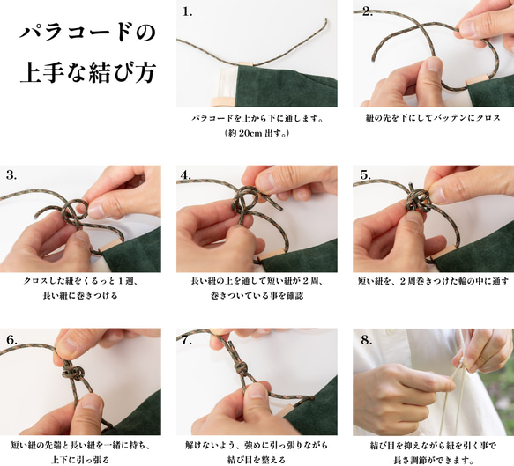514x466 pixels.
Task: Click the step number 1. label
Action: [x=187, y=12]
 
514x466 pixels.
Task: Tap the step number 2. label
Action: [x=368, y=12]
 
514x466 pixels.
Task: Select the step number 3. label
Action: [x=11, y=175]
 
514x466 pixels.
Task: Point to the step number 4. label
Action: [x=185, y=175]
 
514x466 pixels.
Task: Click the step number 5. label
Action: [x=366, y=175]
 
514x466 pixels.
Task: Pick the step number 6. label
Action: [x=11, y=340]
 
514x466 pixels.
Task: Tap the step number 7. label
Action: [x=187, y=340]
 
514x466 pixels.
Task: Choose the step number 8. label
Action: [x=367, y=340]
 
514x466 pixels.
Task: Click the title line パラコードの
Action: [x=87, y=33]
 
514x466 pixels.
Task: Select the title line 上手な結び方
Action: [x=88, y=72]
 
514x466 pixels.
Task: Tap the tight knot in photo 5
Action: [x=416, y=198]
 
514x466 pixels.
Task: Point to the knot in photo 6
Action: [x=73, y=372]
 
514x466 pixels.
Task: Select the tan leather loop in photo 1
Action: [x=246, y=63]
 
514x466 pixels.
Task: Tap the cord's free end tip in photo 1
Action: [x=326, y=19]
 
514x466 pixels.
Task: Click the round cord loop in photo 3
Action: [x=76, y=210]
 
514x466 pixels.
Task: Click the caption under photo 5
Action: [x=433, y=281]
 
